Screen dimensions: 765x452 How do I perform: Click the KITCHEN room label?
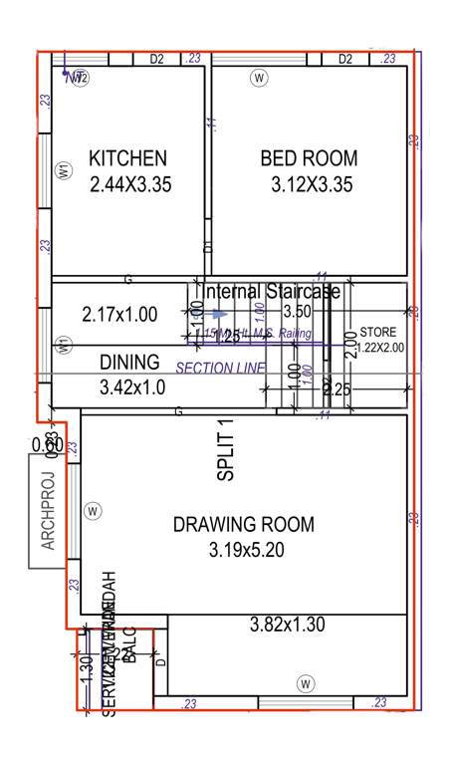[x=127, y=158]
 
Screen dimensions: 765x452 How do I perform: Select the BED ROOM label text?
[x=309, y=158]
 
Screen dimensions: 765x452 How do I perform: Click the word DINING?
[x=129, y=363]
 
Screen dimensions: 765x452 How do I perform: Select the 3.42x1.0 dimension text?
[x=132, y=386]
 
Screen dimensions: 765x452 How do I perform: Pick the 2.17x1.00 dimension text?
[x=118, y=315]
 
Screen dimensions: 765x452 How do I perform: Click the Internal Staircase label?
[x=271, y=292]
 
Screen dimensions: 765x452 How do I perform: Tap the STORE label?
[x=378, y=332]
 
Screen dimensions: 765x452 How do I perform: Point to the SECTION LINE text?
[x=220, y=368]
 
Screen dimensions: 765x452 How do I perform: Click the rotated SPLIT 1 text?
[x=226, y=451]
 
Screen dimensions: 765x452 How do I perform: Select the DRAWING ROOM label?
[x=243, y=525]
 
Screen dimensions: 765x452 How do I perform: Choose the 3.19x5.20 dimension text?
[x=244, y=549]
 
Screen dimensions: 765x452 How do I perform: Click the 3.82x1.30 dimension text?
[x=287, y=625]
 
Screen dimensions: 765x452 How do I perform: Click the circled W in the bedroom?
[x=260, y=77]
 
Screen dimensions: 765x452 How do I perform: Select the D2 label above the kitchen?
[x=156, y=60]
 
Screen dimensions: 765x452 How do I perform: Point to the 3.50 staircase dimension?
[x=298, y=312]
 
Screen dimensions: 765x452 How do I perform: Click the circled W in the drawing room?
[x=93, y=511]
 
